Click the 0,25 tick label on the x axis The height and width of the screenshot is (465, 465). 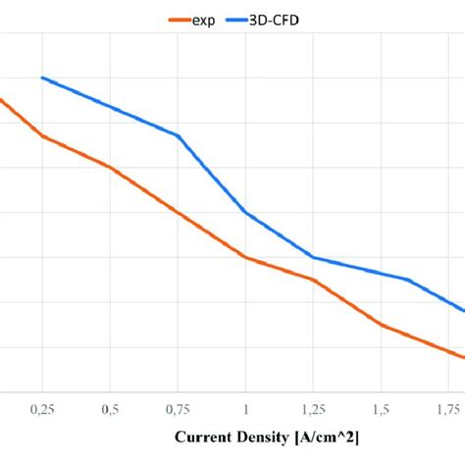pyautogui.click(x=42, y=407)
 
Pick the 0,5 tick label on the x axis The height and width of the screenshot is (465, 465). pyautogui.click(x=110, y=407)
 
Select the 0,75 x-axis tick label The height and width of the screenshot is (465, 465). pyautogui.click(x=178, y=407)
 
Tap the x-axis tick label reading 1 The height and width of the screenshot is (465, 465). pyautogui.click(x=245, y=407)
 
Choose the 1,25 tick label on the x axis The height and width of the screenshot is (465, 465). pyautogui.click(x=313, y=407)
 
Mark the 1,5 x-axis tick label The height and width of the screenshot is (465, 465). pyautogui.click(x=381, y=407)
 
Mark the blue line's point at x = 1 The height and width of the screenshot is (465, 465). pyautogui.click(x=245, y=212)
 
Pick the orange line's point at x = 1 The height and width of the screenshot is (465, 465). pyautogui.click(x=245, y=258)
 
